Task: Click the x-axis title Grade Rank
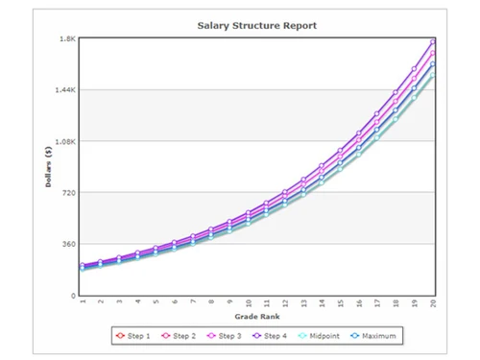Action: (257, 317)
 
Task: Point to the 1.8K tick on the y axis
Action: (68, 38)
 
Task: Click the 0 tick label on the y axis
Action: (73, 296)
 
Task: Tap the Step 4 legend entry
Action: (275, 336)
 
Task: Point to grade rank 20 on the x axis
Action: (434, 302)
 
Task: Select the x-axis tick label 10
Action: (249, 302)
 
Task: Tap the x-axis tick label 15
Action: (342, 302)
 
